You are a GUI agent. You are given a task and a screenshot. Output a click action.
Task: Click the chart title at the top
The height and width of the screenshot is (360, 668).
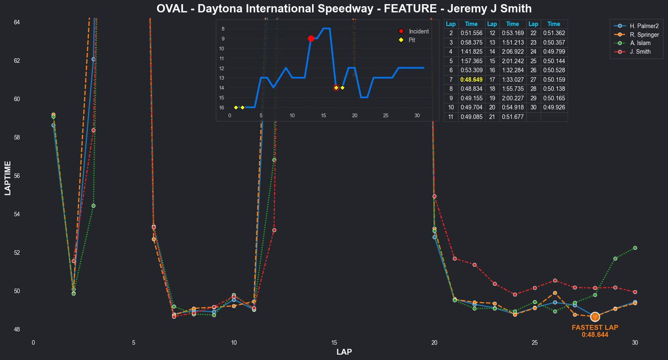[344, 9]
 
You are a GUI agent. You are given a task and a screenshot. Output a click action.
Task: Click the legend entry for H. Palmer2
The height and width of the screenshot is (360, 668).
[644, 26]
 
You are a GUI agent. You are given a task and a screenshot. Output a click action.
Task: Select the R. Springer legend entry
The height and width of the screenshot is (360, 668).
[644, 35]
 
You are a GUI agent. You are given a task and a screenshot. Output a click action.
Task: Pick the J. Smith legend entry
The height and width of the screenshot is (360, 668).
[640, 52]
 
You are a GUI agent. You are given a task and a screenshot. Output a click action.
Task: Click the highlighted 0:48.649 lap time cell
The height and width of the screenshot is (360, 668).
[471, 80]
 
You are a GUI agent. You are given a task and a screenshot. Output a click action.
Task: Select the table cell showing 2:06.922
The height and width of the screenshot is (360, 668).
[512, 52]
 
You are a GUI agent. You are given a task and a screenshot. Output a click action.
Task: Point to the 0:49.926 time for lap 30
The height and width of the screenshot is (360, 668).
[554, 107]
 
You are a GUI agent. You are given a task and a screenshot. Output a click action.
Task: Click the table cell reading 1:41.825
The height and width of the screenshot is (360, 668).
[471, 52]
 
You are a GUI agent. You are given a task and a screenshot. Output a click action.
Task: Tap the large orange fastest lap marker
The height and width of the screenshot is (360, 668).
[595, 317]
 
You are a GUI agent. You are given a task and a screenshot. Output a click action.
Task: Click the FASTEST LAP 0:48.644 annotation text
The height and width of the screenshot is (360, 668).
[595, 331]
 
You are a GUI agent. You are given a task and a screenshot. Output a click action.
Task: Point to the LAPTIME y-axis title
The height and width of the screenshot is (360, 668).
[8, 178]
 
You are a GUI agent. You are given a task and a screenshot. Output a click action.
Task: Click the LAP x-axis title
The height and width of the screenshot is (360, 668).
[344, 352]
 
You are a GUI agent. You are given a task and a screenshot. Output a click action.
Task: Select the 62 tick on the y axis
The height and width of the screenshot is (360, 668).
[17, 61]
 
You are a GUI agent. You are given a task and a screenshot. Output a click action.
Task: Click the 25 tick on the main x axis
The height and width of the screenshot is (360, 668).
[535, 343]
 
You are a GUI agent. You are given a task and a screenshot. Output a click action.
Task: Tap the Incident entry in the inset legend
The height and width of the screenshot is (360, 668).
[419, 31]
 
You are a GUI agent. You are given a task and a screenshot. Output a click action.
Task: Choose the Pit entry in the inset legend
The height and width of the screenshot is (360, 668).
[412, 40]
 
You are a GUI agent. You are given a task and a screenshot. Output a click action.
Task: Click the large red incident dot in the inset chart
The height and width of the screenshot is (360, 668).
[311, 38]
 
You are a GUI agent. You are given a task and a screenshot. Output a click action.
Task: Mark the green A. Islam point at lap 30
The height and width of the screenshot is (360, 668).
[635, 248]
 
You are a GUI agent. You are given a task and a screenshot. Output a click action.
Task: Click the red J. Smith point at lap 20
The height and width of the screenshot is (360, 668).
[434, 196]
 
